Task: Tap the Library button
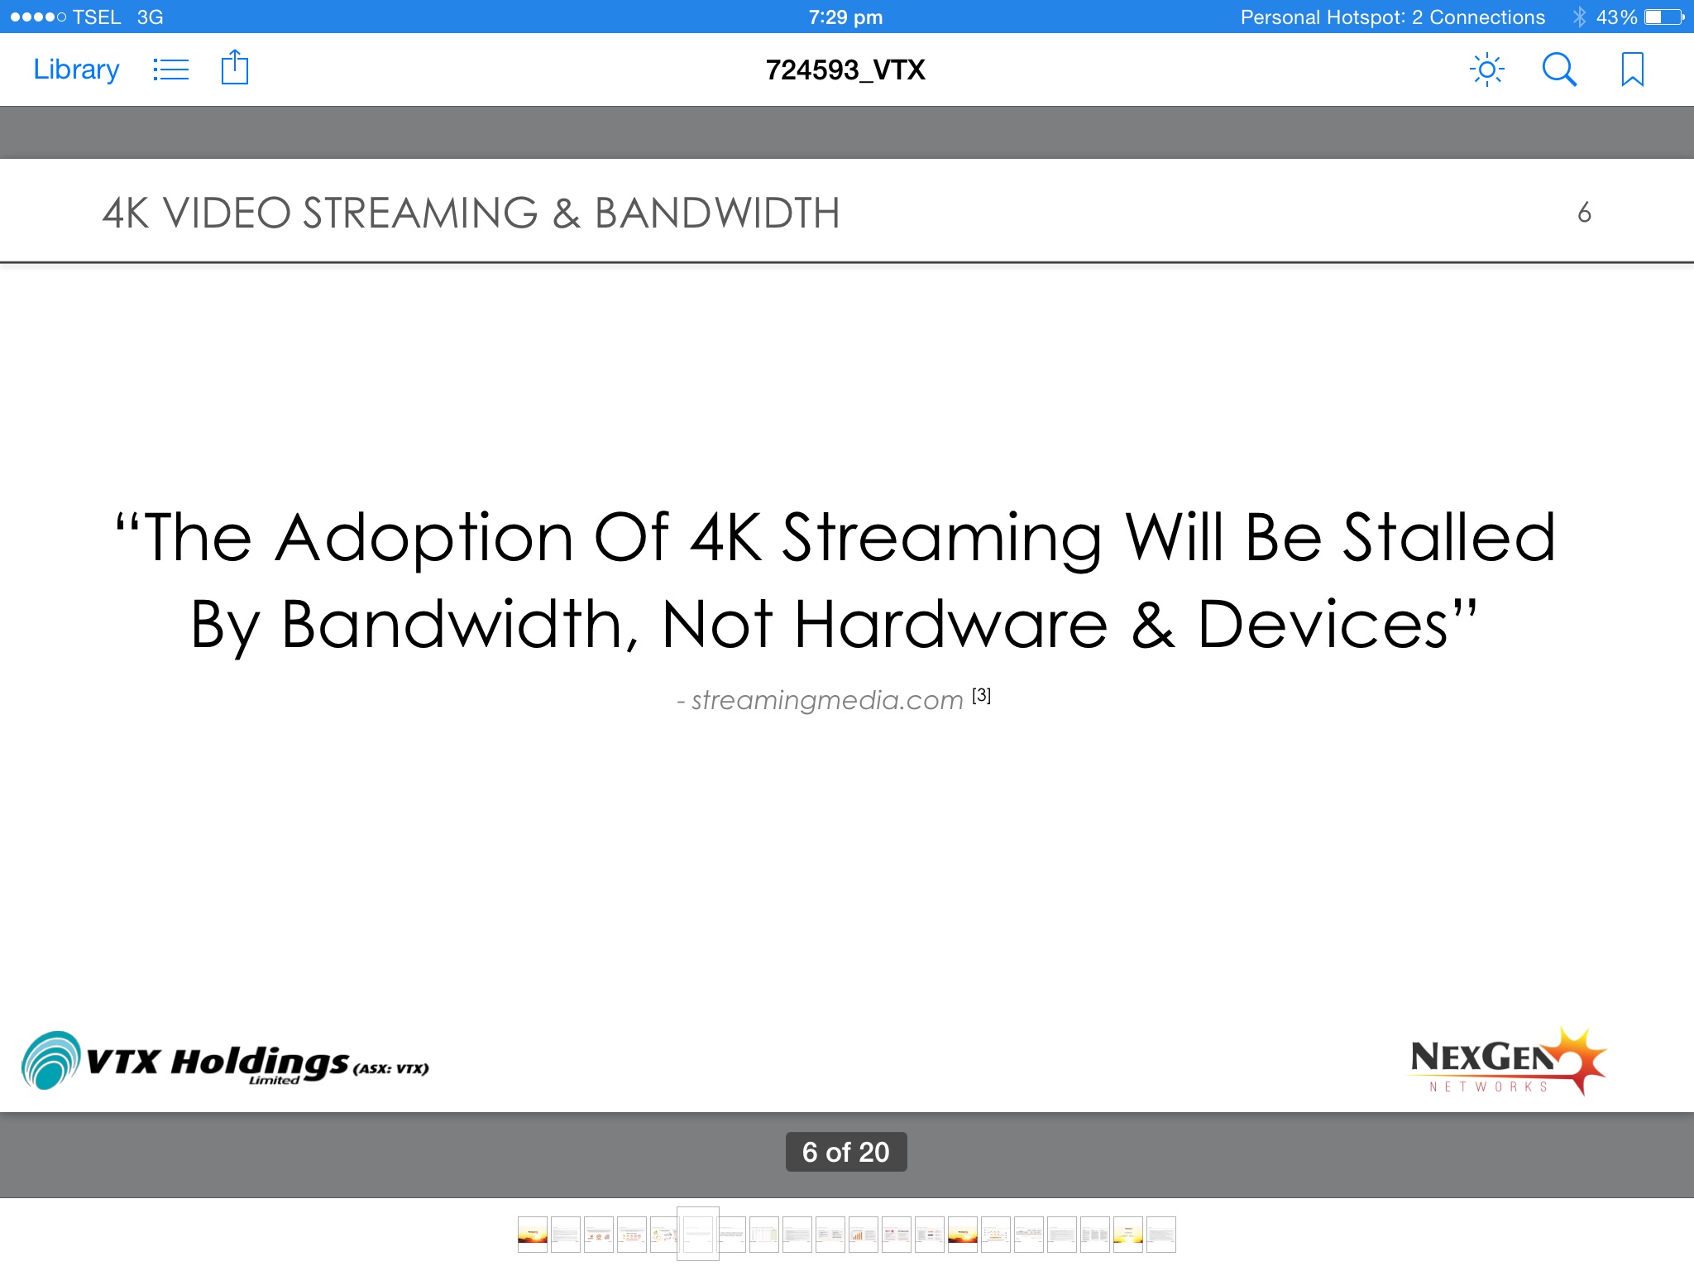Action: click(x=76, y=70)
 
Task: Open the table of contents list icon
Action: click(x=170, y=70)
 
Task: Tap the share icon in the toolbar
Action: click(x=235, y=67)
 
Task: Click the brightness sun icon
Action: click(x=1486, y=70)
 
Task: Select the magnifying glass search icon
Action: click(x=1559, y=70)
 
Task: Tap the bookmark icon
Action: click(x=1632, y=70)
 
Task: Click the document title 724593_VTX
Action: click(x=845, y=70)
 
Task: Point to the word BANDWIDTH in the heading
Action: click(x=717, y=213)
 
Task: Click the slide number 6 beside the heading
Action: click(x=1584, y=213)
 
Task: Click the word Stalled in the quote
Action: click(x=1449, y=537)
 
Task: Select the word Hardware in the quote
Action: click(x=950, y=624)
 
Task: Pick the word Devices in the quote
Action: click(x=1323, y=624)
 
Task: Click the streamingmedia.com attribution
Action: click(x=827, y=700)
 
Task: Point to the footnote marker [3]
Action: click(x=981, y=695)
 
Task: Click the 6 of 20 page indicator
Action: click(x=845, y=1152)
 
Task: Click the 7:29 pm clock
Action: click(x=845, y=17)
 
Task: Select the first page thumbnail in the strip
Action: click(x=533, y=1235)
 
